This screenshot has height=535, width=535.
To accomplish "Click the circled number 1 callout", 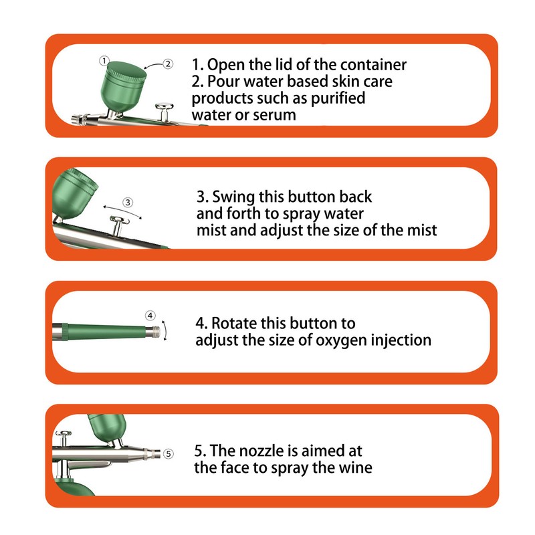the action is [104, 61].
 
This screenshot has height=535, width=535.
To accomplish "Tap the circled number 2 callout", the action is [168, 64].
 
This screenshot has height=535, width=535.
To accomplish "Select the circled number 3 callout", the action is [128, 203].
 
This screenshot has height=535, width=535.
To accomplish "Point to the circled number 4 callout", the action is [150, 316].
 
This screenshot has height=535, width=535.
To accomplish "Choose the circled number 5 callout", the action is [169, 454].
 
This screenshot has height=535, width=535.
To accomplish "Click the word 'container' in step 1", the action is [373, 64].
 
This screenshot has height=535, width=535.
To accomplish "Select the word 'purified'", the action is [338, 98].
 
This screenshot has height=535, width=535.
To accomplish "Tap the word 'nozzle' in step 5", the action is [261, 451].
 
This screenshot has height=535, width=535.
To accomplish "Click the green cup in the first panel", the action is [123, 87].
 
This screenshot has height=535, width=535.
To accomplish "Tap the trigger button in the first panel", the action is [165, 112].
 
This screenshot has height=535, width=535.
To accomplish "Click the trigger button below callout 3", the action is [118, 226].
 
